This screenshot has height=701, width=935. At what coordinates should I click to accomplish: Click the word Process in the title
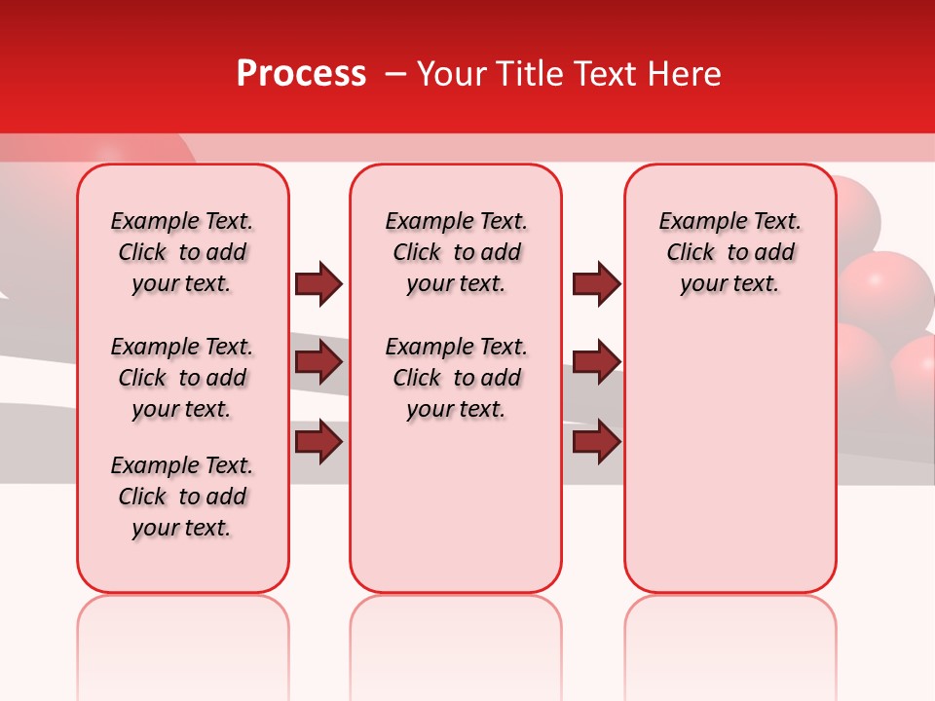pyautogui.click(x=301, y=74)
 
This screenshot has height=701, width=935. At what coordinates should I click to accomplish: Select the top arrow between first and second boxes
pyautogui.click(x=318, y=284)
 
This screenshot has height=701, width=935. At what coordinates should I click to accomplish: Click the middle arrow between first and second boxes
pyautogui.click(x=318, y=363)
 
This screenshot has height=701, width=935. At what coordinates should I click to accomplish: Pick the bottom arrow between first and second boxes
pyautogui.click(x=318, y=441)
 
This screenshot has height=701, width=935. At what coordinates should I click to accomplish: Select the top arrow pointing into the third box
pyautogui.click(x=597, y=283)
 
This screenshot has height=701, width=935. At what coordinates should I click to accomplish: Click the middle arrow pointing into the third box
pyautogui.click(x=597, y=362)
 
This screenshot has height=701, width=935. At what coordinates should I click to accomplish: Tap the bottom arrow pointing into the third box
pyautogui.click(x=597, y=442)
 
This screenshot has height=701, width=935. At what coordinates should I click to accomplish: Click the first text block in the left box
pyautogui.click(x=182, y=252)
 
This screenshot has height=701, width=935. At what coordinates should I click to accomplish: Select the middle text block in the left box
pyautogui.click(x=182, y=378)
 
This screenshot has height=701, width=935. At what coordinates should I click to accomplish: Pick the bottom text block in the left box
pyautogui.click(x=182, y=497)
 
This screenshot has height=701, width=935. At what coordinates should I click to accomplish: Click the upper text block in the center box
pyautogui.click(x=456, y=252)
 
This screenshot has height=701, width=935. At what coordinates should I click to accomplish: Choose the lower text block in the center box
pyautogui.click(x=456, y=378)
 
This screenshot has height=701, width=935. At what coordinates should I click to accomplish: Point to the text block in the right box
pyautogui.click(x=729, y=252)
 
